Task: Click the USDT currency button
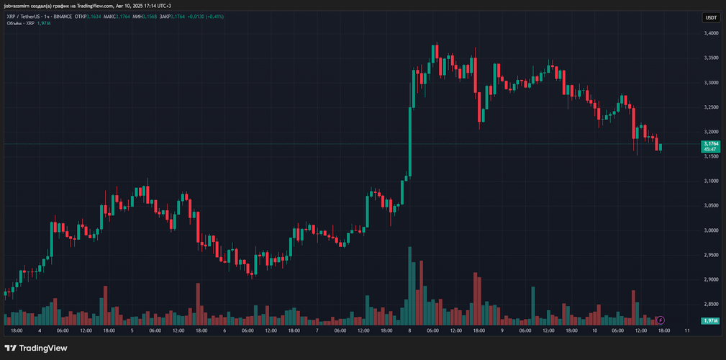[711, 17]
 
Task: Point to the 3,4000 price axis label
[711, 33]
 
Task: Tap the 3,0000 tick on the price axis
[711, 230]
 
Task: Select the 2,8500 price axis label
[711, 304]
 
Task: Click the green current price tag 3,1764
[711, 146]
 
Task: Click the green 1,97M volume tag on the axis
[711, 320]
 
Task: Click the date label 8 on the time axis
[409, 330]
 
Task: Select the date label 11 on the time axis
[687, 330]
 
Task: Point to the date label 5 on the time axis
[132, 330]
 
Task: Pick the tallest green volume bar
[409, 285]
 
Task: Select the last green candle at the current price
[661, 147]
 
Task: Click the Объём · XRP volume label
[20, 23]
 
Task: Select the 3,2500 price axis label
[711, 107]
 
